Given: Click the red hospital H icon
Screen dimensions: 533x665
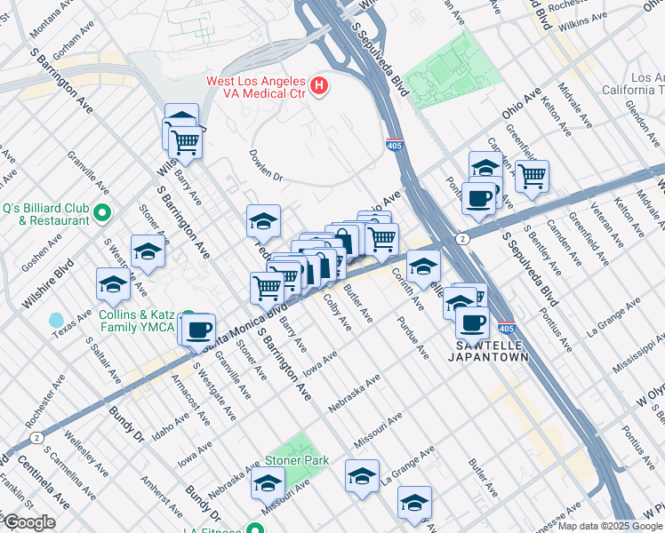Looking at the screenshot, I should (x=319, y=87).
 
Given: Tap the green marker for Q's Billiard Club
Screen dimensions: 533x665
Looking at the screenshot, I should (x=101, y=214).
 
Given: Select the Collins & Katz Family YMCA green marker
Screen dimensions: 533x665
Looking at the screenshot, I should (x=187, y=320).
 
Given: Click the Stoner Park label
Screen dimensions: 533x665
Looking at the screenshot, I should (x=296, y=460).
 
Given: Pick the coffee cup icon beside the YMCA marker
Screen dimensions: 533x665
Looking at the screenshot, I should (x=198, y=329).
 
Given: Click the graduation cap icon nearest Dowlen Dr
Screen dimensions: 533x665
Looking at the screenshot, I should (x=263, y=220).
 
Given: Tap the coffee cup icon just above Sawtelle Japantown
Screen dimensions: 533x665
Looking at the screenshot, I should (x=472, y=322).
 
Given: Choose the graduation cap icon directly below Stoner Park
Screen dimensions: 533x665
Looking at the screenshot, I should (x=267, y=484).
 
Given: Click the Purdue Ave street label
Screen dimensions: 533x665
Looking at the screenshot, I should (x=415, y=338).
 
